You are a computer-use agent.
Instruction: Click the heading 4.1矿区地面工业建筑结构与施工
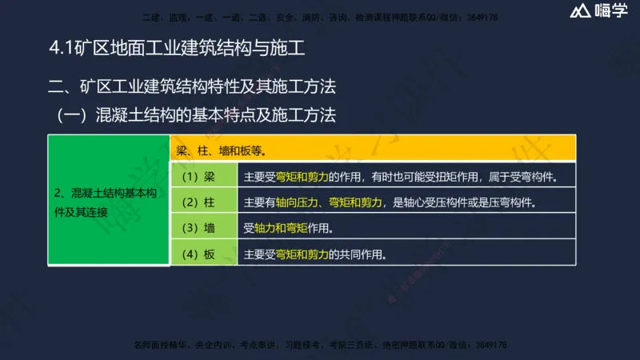click(x=177, y=48)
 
